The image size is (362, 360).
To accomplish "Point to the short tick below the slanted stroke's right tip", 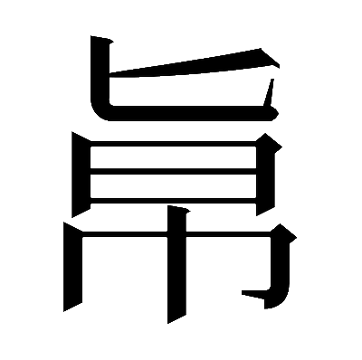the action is (269, 92).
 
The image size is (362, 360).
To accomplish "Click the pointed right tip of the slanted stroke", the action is (278, 65).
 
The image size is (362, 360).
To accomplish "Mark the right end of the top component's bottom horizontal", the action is (277, 113).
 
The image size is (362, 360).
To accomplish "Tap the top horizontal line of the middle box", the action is (173, 144).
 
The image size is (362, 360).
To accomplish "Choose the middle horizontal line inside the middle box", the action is (173, 171).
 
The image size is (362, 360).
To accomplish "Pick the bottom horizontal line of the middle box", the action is (173, 201).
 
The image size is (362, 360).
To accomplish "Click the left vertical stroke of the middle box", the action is (81, 175).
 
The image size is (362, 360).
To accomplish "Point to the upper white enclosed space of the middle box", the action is (173, 157).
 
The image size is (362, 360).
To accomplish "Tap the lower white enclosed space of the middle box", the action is (173, 186).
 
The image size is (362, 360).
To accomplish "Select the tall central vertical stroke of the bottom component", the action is (177, 265).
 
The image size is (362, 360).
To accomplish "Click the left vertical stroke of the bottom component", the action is (73, 267).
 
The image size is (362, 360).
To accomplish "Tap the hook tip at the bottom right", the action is (243, 292).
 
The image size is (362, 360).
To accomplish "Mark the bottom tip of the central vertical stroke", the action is (168, 323).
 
